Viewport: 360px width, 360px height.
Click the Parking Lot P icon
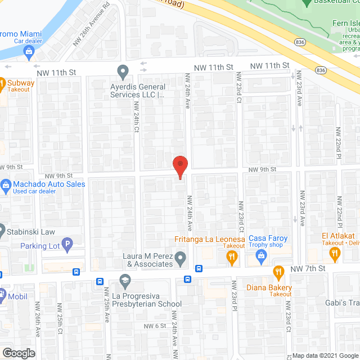click(67, 245)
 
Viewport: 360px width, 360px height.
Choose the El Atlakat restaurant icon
click(335, 255)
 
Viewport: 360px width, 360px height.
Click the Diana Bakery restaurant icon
click(278, 273)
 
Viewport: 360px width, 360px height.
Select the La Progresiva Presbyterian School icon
click(125, 280)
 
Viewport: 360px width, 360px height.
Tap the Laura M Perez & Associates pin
click(180, 259)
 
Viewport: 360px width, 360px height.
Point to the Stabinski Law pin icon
click(2, 230)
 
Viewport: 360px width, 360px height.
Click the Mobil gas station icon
click(2, 293)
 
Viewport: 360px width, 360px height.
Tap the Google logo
click(18, 353)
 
